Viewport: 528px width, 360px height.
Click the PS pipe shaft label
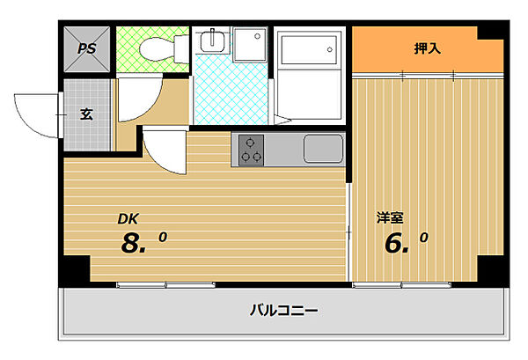[x=85, y=48]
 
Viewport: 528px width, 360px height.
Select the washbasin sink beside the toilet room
[x=212, y=41]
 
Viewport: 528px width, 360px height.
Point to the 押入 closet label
[x=427, y=48]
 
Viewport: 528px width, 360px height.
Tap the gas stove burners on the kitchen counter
[x=249, y=150]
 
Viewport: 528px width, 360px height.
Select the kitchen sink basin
[x=322, y=148]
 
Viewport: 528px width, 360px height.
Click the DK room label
[x=129, y=220]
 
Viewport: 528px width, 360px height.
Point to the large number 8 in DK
[x=133, y=244]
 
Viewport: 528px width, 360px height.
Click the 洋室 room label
[x=391, y=217]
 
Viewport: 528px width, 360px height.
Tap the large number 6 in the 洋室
[x=396, y=241]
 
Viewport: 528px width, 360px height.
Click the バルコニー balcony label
[x=282, y=310]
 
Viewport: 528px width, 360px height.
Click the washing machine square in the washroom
[x=251, y=42]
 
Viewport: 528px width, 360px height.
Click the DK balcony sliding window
[x=165, y=284]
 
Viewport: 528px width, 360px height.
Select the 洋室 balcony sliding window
[x=402, y=284]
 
